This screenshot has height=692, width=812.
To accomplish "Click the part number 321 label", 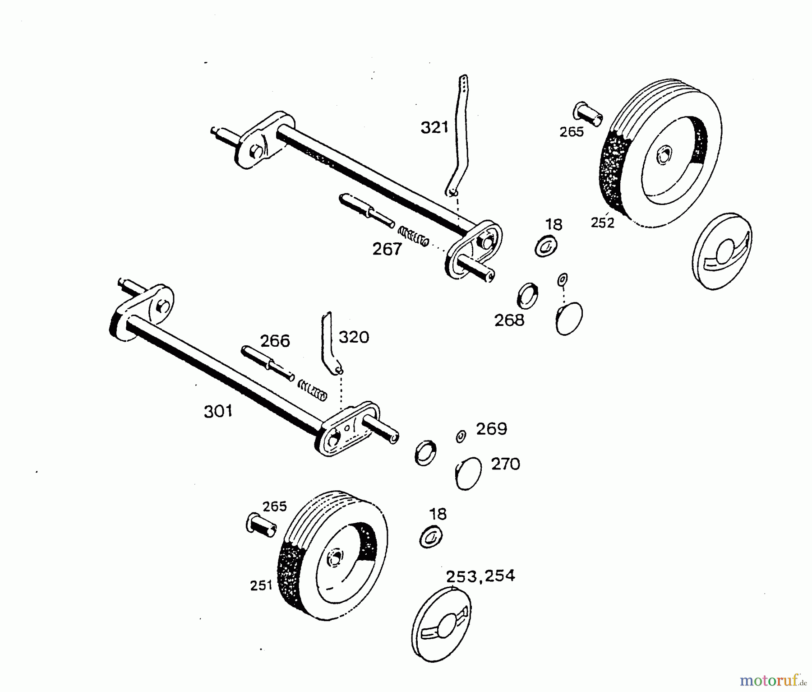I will pos(434,128).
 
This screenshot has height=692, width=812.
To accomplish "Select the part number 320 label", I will pos(354,337).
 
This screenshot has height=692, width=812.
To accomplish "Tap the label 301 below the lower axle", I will pos(218,411).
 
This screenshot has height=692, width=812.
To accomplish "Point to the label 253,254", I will pos(480,576).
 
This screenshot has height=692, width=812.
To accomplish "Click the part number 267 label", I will pos(387,249).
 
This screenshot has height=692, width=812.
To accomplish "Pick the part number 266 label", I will pos(275,341).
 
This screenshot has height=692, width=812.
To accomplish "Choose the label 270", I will pos(505,464).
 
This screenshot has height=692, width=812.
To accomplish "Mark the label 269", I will pos(492,428).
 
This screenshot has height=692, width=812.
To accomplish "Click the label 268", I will pos(509,320).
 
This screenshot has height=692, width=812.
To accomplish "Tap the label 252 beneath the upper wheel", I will pos(603,223).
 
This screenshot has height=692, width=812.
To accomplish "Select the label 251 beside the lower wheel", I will pos(262,585).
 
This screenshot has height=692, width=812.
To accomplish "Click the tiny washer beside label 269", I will pos(461,437).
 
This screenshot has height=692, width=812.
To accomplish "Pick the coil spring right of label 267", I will pos(413,236).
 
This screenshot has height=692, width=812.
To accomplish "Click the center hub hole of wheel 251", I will pos(335,556).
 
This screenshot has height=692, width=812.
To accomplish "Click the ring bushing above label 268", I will pos(527,296).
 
